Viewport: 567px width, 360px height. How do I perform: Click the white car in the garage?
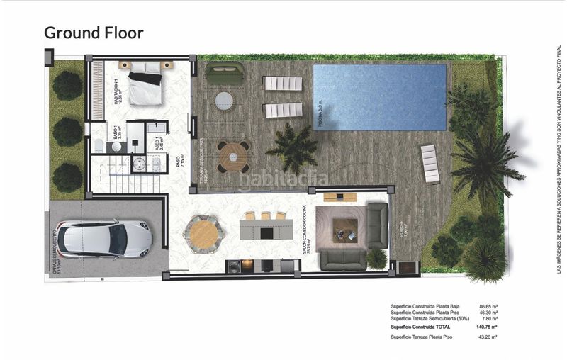pyautogui.click(x=104, y=239)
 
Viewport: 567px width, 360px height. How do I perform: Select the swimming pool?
pyautogui.click(x=379, y=97)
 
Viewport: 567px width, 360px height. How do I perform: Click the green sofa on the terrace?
pyautogui.click(x=225, y=72)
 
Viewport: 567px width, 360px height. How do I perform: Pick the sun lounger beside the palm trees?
pyautogui.click(x=430, y=164)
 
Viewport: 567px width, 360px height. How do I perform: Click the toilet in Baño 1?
pyautogui.click(x=97, y=146)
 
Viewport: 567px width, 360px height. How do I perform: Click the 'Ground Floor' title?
pyautogui.click(x=94, y=33)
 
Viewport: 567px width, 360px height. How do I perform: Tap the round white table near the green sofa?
pyautogui.click(x=225, y=100)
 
